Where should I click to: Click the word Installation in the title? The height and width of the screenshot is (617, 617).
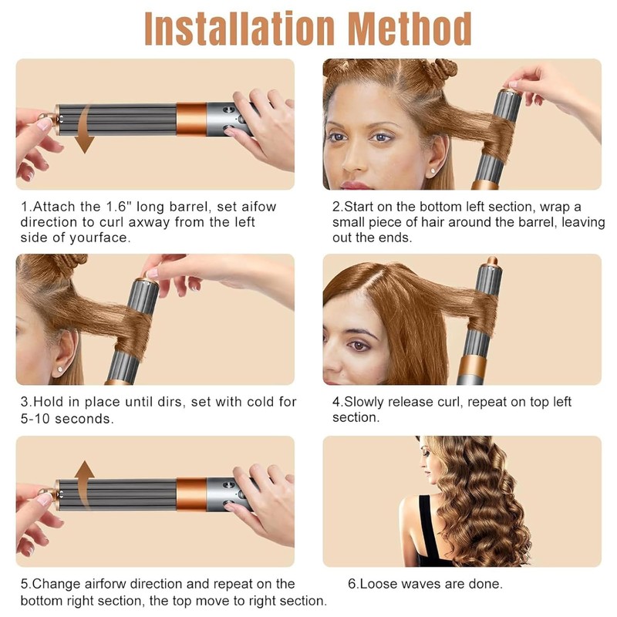tap(240, 29)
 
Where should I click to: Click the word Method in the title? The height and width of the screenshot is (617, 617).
tap(410, 29)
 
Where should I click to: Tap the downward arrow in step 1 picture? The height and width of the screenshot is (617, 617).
tap(86, 130)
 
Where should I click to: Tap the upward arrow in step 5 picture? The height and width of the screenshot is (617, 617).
tap(84, 485)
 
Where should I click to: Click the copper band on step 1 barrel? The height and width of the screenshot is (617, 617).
tap(191, 120)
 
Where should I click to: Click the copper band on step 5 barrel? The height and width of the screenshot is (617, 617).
tap(191, 494)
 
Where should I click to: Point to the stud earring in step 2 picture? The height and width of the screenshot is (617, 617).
tap(433, 170)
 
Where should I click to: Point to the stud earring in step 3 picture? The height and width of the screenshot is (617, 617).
tap(60, 369)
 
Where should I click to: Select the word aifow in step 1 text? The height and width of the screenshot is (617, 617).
tap(259, 206)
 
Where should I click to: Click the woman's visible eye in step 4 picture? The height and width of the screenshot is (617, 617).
tap(359, 346)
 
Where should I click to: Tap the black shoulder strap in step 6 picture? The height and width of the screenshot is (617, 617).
tap(428, 528)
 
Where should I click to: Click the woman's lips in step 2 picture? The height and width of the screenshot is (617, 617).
tap(355, 185)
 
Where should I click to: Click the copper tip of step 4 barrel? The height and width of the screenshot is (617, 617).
tap(491, 261)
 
